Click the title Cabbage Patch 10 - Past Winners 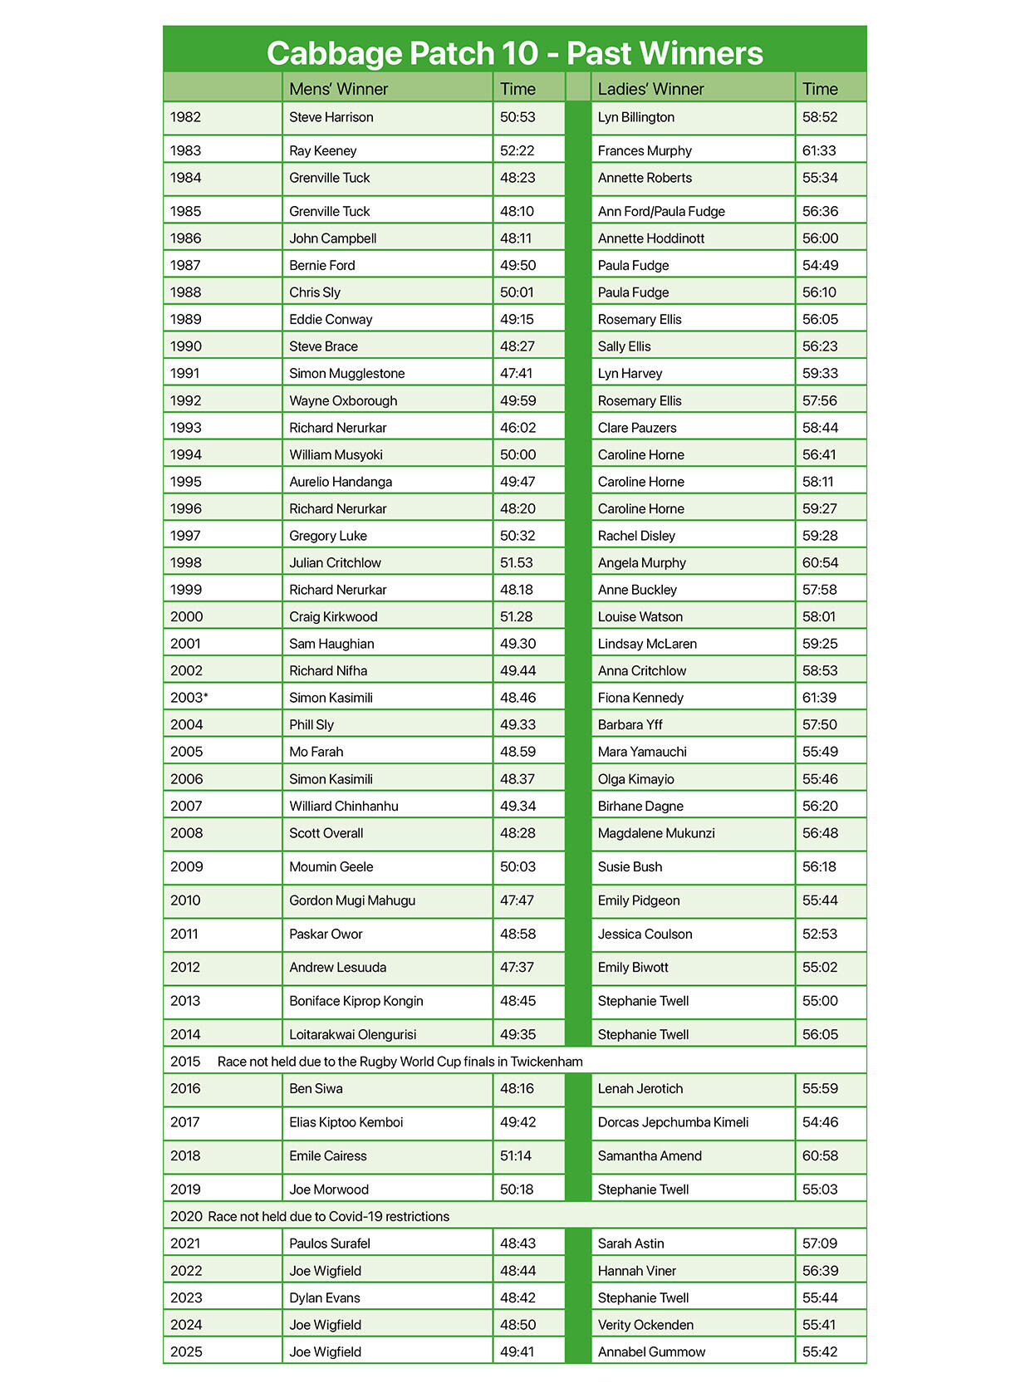[514, 53]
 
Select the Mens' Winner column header [338, 89]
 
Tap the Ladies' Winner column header [650, 89]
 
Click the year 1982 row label [185, 117]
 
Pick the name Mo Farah [316, 752]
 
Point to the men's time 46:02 [517, 428]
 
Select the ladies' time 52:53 [820, 934]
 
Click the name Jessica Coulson [645, 934]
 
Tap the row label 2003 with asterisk [189, 698]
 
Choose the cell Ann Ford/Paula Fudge [661, 211]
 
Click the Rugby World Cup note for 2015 [400, 1062]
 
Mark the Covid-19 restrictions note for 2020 [328, 1216]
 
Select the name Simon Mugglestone [346, 374]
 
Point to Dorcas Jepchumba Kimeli [673, 1122]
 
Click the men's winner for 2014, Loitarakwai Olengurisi [352, 1034]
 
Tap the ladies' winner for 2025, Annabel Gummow [651, 1351]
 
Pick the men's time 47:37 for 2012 [517, 967]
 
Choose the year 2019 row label [185, 1190]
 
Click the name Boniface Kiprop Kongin [356, 1001]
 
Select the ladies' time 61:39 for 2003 [819, 698]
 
